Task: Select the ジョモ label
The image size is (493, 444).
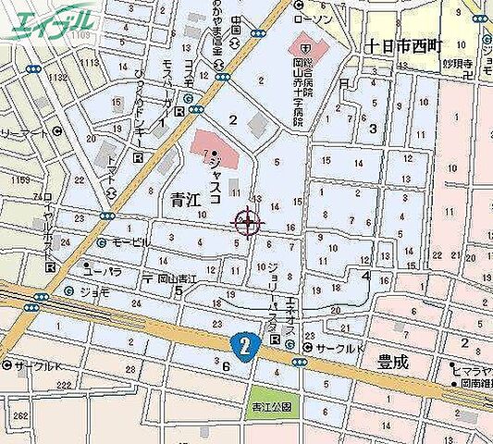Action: tap(94, 290)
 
